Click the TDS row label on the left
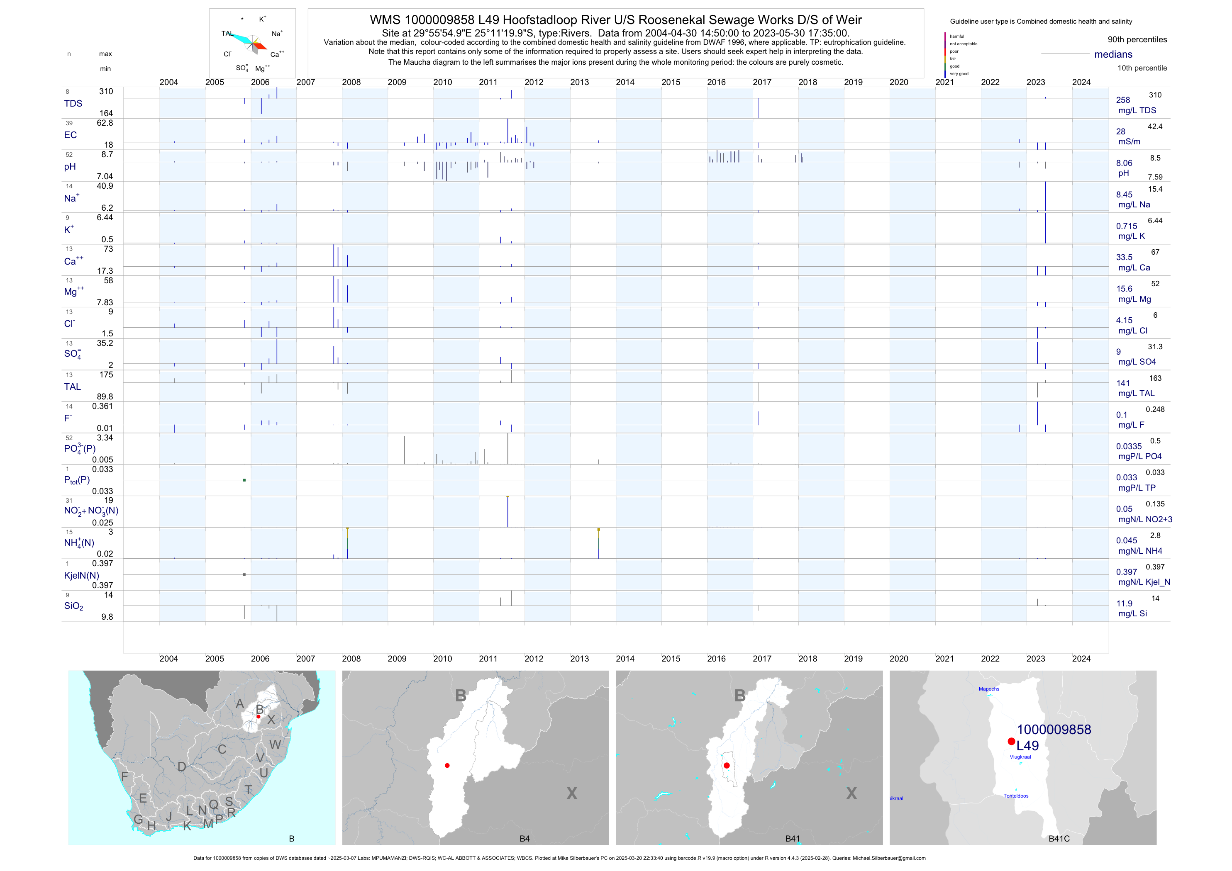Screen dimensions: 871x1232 (73, 104)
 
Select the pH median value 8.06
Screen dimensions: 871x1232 (1124, 163)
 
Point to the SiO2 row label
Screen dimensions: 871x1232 (73, 606)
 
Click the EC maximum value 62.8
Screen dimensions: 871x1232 (105, 123)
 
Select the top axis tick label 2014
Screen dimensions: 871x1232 (625, 82)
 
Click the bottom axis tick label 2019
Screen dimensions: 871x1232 (853, 659)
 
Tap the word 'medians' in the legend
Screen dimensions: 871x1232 (1113, 54)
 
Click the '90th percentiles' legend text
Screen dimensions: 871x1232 (1137, 40)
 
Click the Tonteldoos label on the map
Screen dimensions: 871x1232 (1016, 796)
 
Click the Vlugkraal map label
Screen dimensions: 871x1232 (1020, 757)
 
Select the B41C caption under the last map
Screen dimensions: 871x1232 (1059, 839)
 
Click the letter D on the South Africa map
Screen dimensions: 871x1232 (182, 767)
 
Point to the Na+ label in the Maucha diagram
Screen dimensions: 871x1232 (277, 34)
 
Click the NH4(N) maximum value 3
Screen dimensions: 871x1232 (110, 532)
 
